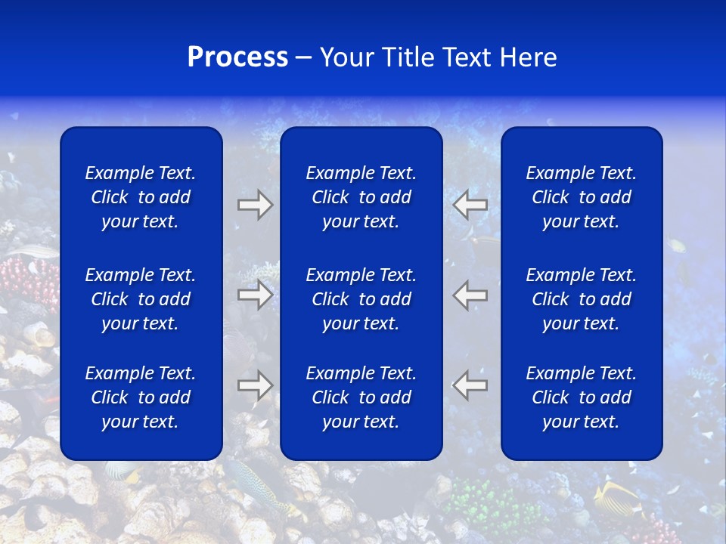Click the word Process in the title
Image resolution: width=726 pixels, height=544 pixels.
pos(237,57)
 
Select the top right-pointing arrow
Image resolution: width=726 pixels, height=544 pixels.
pos(255,205)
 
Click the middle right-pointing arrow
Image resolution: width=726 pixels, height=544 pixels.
pos(255,295)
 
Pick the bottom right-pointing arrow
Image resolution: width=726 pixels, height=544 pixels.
pos(255,385)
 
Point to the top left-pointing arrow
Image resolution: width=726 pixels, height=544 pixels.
pos(470,205)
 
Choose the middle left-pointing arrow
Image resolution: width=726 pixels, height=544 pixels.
pos(470,295)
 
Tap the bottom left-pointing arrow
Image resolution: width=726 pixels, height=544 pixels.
pos(470,385)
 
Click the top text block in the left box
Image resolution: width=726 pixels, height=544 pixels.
pos(141,197)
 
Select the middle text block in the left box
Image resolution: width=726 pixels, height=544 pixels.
pos(141,299)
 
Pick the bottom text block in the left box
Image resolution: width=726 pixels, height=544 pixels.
pos(141,397)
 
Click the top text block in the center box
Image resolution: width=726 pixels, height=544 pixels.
pos(361,197)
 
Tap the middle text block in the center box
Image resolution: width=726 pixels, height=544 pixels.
pos(361,299)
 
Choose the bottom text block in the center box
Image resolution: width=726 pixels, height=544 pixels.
pos(361,397)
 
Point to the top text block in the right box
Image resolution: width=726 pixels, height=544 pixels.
pos(581,197)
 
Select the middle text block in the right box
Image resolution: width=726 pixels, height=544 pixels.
pos(581,299)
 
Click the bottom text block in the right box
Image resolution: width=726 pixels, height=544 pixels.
pos(581,397)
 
